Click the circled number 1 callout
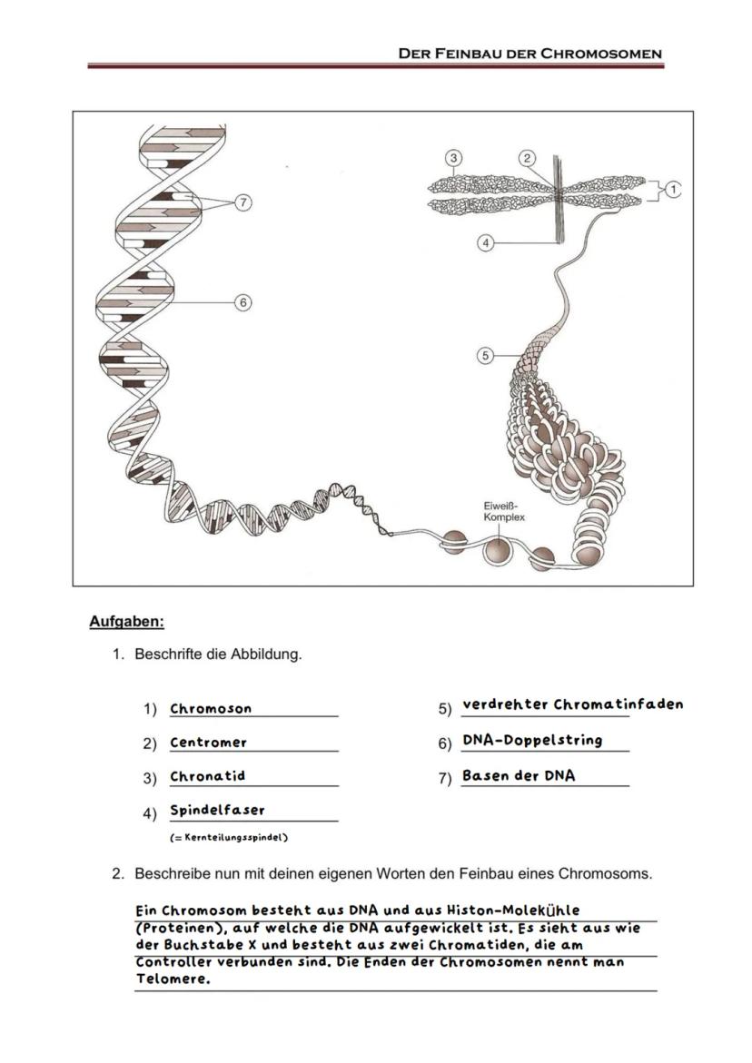point(672,189)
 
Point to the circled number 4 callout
point(486,243)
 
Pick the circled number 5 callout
point(486,356)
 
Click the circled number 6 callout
point(242,301)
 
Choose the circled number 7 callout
point(242,202)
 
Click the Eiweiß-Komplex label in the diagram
point(503,510)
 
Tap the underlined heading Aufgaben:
point(126,622)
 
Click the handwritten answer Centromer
point(208,743)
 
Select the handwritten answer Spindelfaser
point(217,810)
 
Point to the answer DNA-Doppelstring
point(532,740)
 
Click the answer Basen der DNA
point(519,775)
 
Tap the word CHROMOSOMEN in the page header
point(601,54)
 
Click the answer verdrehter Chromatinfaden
point(572,704)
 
